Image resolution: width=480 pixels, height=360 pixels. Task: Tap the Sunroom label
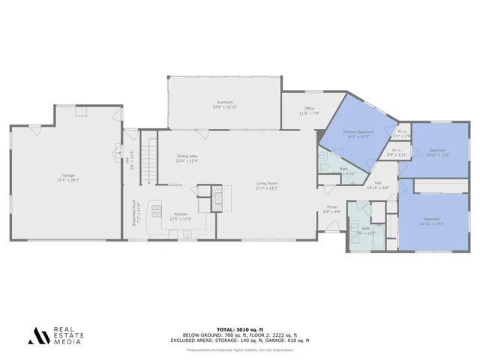pos(224,104)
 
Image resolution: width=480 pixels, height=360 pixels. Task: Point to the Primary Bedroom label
pos(358,134)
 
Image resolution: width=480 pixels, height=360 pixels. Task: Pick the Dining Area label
pos(187,158)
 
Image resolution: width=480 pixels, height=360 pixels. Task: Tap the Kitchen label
pos(182,216)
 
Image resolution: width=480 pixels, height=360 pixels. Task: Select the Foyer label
pos(331,209)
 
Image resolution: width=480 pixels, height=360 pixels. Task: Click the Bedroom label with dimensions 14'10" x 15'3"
pos(432,221)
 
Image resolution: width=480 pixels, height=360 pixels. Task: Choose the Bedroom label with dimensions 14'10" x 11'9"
pos(437,152)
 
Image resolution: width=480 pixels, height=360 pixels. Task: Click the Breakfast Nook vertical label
pos(133,217)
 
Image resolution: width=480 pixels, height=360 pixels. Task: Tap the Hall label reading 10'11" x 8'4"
pos(378,185)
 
